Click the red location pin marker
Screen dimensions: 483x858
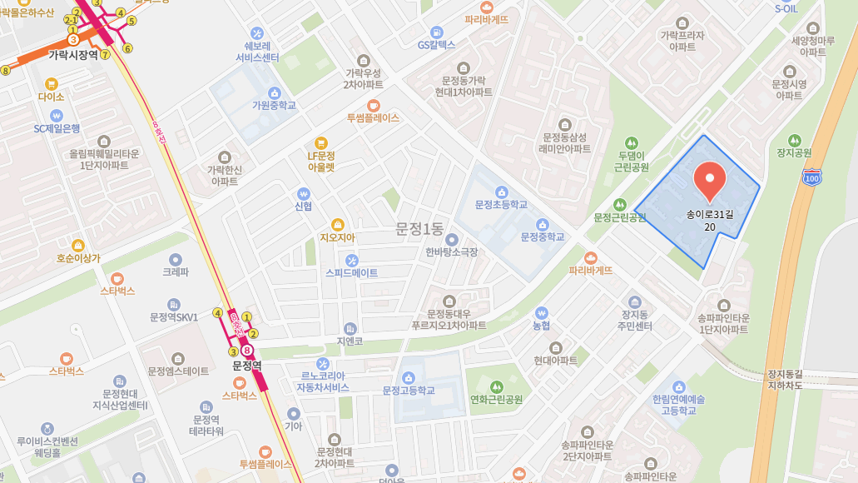[x=709, y=179]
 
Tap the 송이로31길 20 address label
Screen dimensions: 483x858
[x=709, y=220]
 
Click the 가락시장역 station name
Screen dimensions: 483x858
[x=73, y=55]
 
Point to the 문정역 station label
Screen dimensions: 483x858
[x=247, y=366]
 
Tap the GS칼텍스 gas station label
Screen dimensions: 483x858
[x=437, y=44]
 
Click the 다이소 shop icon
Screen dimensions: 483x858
[x=51, y=83]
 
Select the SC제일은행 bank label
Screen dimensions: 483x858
[x=57, y=128]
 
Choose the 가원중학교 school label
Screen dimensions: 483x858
[x=274, y=106]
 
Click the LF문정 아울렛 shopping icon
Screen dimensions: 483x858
[x=320, y=142]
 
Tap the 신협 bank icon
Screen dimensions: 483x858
[x=303, y=192]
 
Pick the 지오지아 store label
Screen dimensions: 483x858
[x=337, y=237]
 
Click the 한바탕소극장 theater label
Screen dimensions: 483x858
[x=452, y=251]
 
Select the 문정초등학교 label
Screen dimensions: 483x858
[x=501, y=204]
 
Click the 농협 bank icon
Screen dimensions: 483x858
[x=541, y=312]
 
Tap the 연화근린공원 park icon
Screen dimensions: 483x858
[x=497, y=386]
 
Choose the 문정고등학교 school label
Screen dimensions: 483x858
[x=409, y=391]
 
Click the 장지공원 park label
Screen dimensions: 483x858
[x=793, y=153]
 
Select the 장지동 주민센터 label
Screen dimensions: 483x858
[x=635, y=320]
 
